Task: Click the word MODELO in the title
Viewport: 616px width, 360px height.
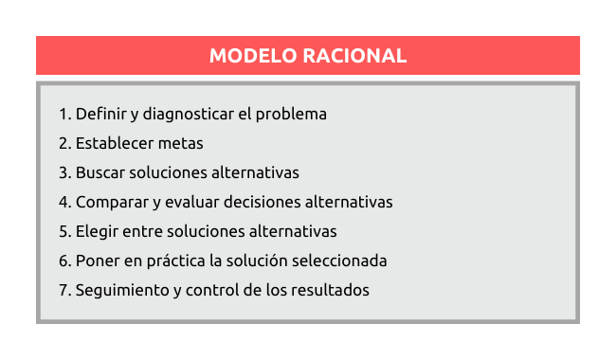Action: coord(253,56)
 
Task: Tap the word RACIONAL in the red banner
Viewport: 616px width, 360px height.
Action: coord(354,56)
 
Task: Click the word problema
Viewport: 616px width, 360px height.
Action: coord(291,115)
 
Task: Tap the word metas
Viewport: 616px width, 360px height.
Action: coord(181,144)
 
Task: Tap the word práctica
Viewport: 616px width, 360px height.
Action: coord(176,261)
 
